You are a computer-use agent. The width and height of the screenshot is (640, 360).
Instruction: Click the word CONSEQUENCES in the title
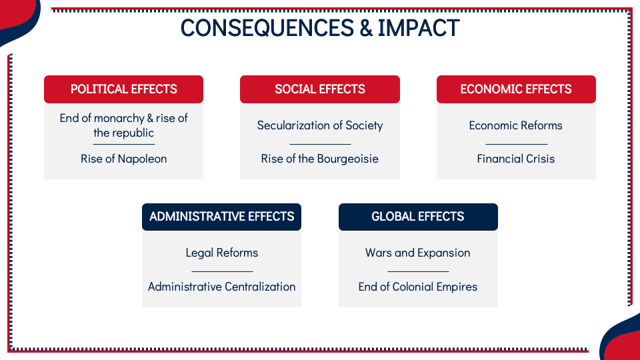pos(267,28)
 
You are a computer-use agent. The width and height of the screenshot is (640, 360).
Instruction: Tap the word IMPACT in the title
pos(419,28)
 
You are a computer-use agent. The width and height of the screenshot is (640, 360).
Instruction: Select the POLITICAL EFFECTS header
pos(124,89)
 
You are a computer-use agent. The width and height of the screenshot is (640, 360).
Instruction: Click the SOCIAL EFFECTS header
pos(320,89)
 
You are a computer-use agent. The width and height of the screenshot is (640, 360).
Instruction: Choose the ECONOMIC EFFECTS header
pos(516,89)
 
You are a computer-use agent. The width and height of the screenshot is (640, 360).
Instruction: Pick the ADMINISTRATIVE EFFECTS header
pos(221,217)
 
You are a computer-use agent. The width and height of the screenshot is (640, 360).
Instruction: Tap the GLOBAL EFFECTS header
pos(419,217)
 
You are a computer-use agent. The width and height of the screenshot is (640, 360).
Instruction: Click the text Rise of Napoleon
pos(124,159)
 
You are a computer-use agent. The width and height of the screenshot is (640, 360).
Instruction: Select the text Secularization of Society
pos(320,125)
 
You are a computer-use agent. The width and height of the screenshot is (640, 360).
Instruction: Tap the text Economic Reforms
pos(516,125)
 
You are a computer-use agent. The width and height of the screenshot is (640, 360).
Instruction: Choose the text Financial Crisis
pos(516,159)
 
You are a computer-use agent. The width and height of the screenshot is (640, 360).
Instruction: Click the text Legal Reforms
pos(221,253)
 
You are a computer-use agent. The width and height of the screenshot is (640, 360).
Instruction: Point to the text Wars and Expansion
pos(418,253)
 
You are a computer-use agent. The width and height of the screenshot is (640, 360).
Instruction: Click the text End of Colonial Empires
pos(418,287)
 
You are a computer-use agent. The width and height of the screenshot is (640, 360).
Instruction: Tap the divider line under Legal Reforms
pos(223,271)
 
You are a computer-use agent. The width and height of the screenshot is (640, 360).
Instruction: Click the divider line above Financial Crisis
pos(517,144)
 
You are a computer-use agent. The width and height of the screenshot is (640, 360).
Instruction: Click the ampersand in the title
pos(366,28)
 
